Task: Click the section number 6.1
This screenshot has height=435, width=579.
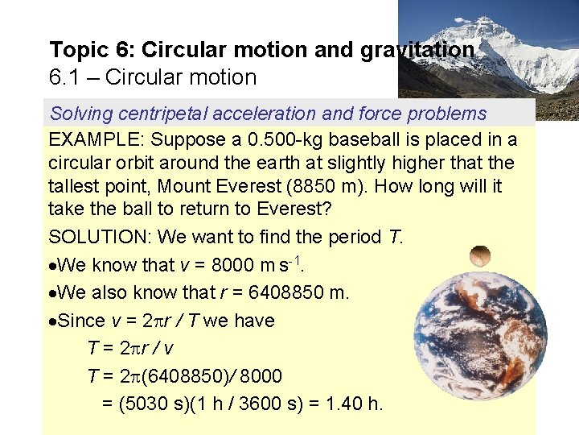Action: coord(63,77)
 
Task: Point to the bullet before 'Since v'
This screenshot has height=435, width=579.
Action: coord(53,321)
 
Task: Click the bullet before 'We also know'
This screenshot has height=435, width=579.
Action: coord(53,292)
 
